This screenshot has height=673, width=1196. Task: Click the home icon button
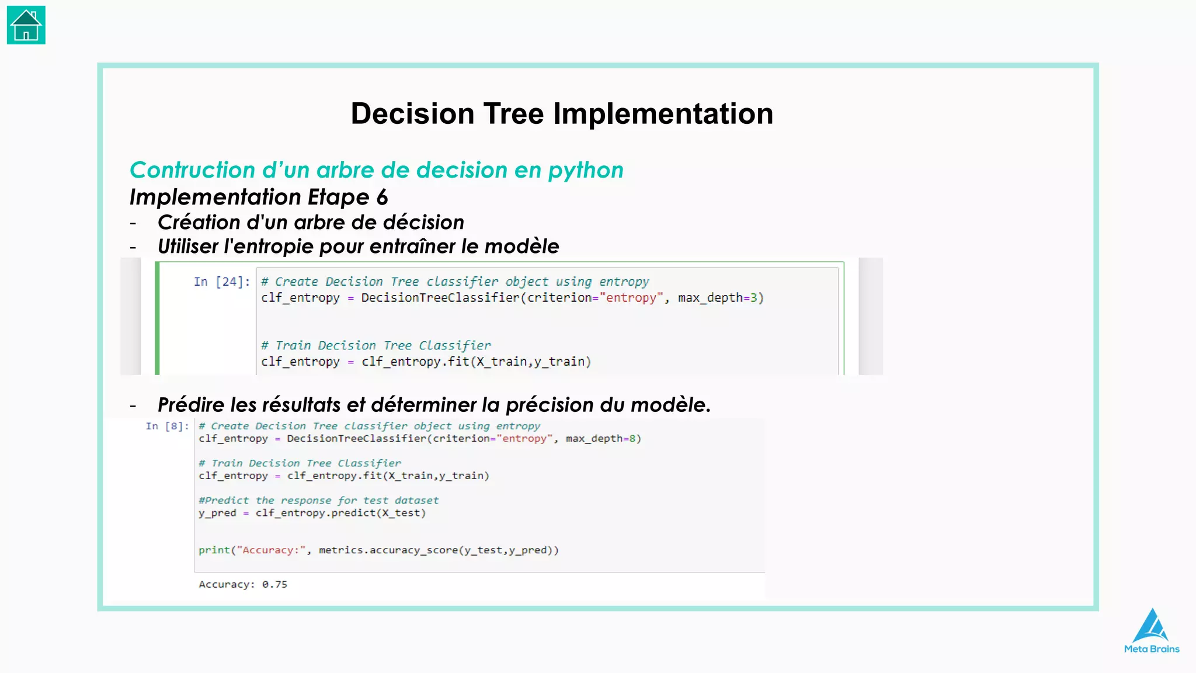pyautogui.click(x=26, y=25)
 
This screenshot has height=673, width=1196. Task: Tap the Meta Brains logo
pyautogui.click(x=1152, y=631)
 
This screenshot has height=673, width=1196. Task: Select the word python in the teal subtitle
pyautogui.click(x=586, y=170)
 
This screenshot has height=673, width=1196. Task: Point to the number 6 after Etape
pyautogui.click(x=382, y=197)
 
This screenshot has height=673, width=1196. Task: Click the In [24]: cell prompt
pyautogui.click(x=221, y=282)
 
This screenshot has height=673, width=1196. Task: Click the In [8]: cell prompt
pyautogui.click(x=167, y=426)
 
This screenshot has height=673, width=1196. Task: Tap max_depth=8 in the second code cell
pyautogui.click(x=603, y=439)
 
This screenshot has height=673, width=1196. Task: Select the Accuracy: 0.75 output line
pyautogui.click(x=243, y=584)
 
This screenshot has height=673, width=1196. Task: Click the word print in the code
pyautogui.click(x=214, y=550)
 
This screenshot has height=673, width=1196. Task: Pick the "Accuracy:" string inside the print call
pyautogui.click(x=272, y=550)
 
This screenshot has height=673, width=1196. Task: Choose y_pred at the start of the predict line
pyautogui.click(x=217, y=513)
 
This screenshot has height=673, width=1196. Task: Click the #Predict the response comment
pyautogui.click(x=318, y=501)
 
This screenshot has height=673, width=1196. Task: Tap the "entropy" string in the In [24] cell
pyautogui.click(x=631, y=298)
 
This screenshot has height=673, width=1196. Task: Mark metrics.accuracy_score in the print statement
pyautogui.click(x=388, y=550)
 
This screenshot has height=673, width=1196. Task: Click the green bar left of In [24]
pyautogui.click(x=157, y=318)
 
